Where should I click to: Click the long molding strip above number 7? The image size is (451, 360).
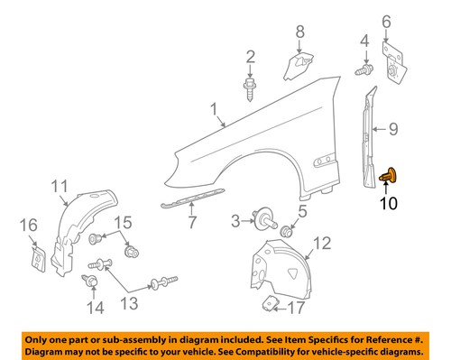pyautogui.click(x=195, y=199)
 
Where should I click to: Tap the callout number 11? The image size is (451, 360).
pyautogui.click(x=59, y=188)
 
